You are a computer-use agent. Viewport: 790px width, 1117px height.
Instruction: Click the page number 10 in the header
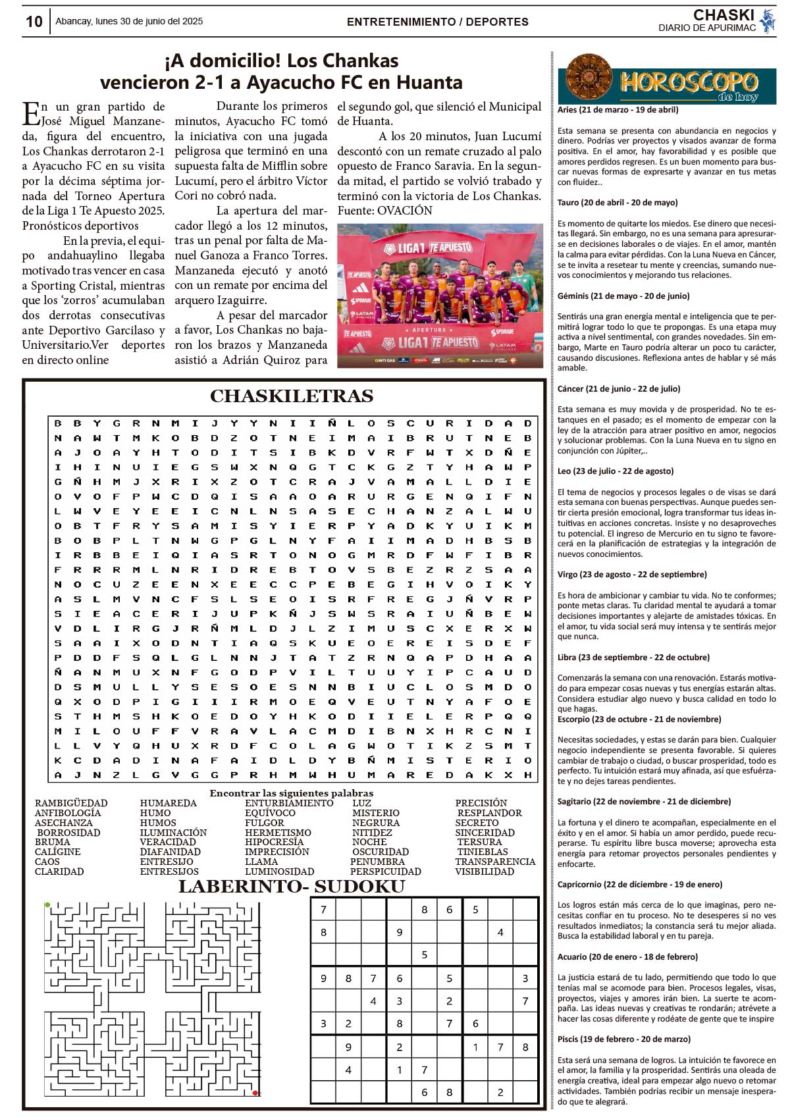click(34, 22)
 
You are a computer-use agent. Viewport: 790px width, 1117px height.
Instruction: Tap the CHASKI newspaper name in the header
click(724, 15)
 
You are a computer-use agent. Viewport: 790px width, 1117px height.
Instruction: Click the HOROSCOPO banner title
click(689, 83)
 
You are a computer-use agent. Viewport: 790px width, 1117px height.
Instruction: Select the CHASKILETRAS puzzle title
click(292, 396)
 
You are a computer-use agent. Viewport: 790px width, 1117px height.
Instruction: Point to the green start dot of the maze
click(47, 905)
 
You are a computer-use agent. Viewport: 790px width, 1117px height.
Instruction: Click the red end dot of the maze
click(255, 1093)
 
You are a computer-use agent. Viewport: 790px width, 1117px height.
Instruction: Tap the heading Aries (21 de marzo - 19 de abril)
click(608, 110)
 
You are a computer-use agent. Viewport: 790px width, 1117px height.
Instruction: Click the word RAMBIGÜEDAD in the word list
click(71, 803)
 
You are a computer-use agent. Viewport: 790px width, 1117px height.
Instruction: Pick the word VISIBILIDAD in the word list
click(485, 871)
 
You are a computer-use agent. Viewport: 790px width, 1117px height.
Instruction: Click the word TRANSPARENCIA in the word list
click(495, 862)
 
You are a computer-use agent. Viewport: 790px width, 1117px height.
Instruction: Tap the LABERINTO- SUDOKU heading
click(292, 887)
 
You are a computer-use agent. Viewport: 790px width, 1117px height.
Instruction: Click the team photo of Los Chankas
click(440, 296)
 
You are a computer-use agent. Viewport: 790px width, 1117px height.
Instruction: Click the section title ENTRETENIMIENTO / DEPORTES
click(437, 22)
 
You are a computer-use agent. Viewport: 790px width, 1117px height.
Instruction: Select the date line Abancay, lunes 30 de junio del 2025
click(129, 21)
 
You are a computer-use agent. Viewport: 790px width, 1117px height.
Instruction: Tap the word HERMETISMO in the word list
click(278, 833)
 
